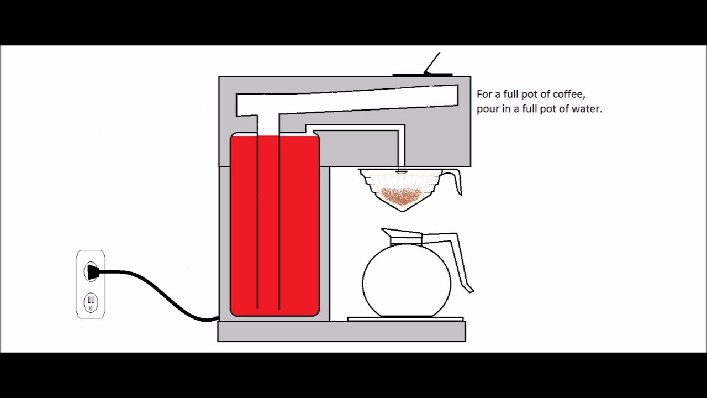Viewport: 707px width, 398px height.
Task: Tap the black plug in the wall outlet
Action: pos(93,271)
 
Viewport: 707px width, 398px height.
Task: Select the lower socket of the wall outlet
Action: pos(91,302)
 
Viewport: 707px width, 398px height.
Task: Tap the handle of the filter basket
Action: pos(454,180)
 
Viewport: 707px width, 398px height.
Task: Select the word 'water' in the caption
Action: pos(587,109)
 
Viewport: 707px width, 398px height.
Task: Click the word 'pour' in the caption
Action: pos(488,109)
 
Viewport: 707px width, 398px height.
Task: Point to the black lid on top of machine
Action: pos(422,75)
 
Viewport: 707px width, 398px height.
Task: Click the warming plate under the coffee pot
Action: pos(405,319)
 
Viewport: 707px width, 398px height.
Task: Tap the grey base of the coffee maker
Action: pos(341,331)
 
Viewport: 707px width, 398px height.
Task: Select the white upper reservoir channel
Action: pos(359,99)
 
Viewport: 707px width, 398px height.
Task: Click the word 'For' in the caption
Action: pos(484,95)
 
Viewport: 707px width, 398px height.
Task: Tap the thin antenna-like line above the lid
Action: pos(432,62)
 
